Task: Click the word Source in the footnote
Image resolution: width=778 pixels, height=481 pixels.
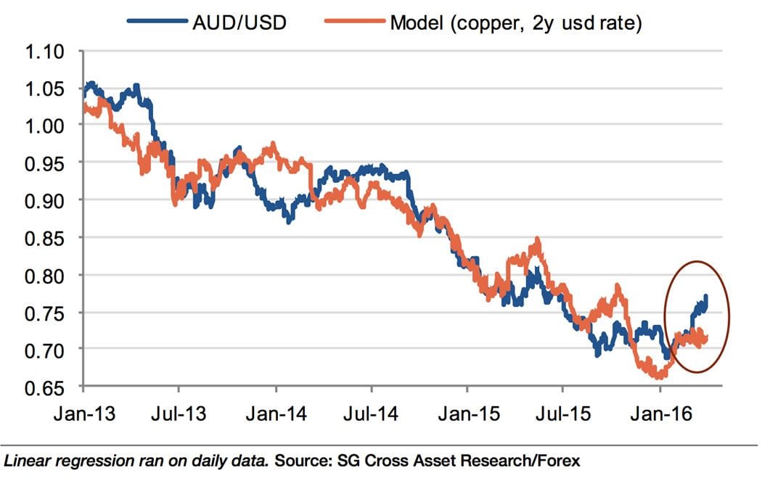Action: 301,460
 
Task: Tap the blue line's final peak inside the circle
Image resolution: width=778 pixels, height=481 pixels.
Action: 706,297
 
